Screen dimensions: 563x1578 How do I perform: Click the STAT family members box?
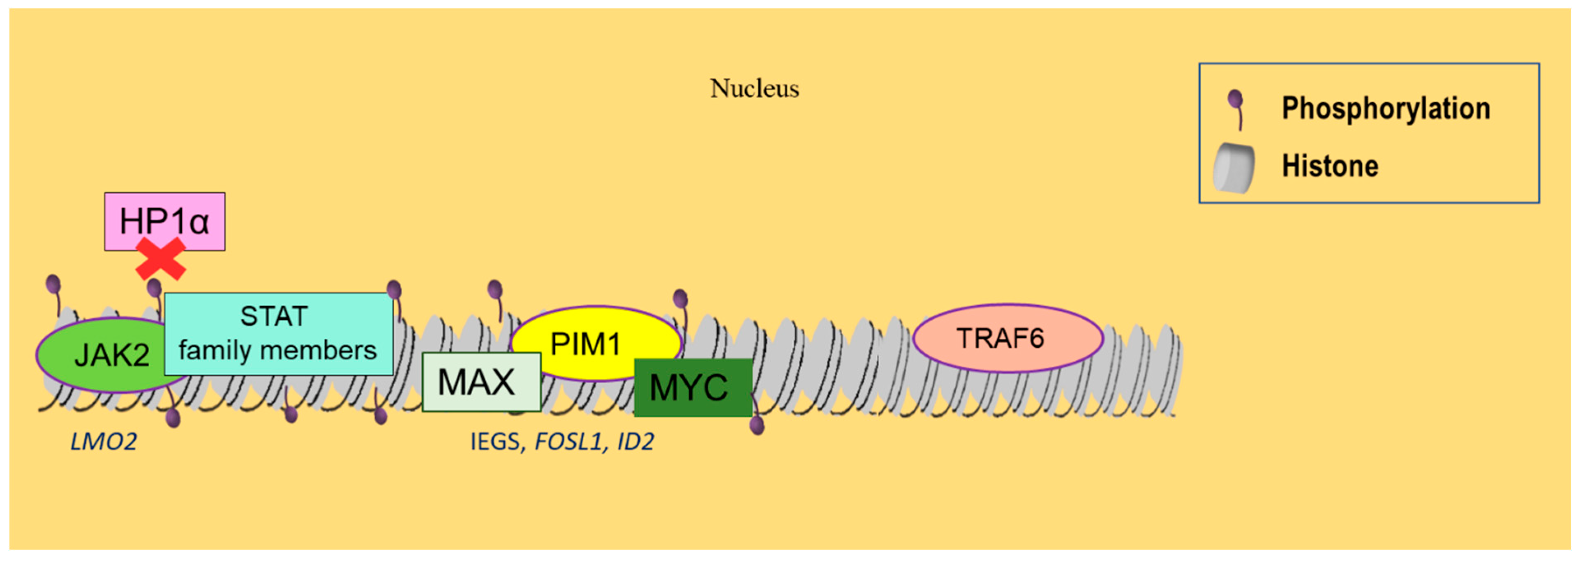(278, 334)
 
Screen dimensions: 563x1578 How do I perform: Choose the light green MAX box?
(481, 382)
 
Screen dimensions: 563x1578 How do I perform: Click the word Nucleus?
(754, 89)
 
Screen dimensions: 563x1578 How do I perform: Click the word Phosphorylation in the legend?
(1386, 108)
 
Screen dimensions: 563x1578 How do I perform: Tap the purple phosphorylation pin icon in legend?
(1236, 108)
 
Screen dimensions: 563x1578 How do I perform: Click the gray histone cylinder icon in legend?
(1233, 168)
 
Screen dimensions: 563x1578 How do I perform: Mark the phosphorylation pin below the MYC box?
(757, 423)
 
